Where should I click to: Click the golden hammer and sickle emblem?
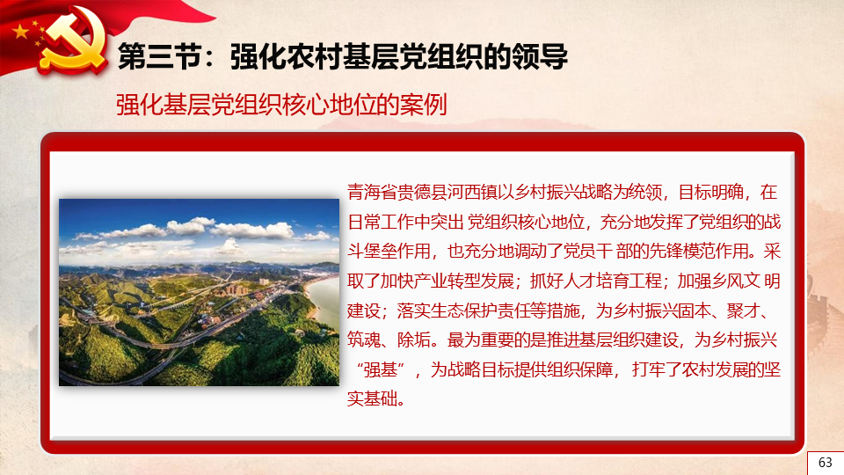[x=73, y=41]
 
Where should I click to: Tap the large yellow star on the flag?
[x=20, y=32]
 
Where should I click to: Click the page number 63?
[x=826, y=462]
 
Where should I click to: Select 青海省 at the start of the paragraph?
[x=372, y=193]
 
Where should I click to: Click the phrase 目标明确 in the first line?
[x=710, y=193]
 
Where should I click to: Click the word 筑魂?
[x=364, y=340]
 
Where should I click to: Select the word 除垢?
[x=413, y=340]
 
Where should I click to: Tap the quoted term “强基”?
[x=381, y=369]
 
